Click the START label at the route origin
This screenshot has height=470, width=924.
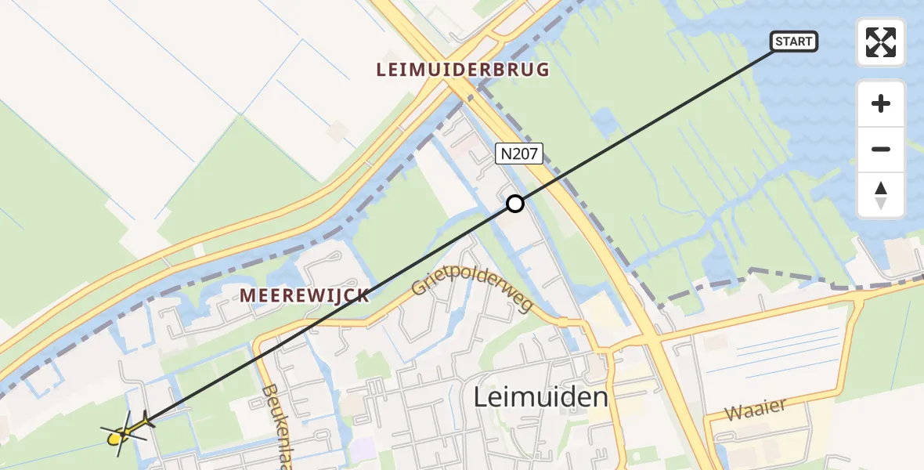tap(794, 42)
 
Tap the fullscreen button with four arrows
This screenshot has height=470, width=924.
tap(881, 42)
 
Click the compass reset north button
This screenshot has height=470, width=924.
tap(881, 195)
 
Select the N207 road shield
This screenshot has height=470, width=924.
tap(519, 154)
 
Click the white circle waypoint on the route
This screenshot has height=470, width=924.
tap(514, 204)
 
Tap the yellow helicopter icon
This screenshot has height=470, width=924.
tap(124, 433)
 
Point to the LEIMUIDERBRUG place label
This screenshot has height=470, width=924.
tap(463, 70)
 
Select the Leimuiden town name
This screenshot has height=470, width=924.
tap(540, 397)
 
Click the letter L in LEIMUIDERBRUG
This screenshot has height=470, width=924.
tap(381, 70)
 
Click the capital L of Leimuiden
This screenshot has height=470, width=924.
tap(480, 397)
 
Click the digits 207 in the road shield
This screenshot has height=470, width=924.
tap(525, 154)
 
